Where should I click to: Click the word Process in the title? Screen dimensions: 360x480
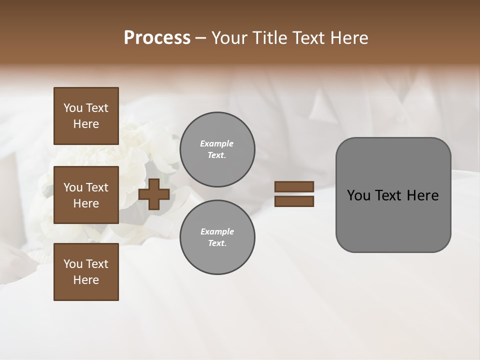point(157,38)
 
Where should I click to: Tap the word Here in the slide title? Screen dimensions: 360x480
point(349,38)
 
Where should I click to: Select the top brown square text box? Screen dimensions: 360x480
point(86,116)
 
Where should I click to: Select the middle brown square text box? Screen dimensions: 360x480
point(86,195)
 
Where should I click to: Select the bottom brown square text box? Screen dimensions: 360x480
point(86,272)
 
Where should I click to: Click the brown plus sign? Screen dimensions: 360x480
point(154,194)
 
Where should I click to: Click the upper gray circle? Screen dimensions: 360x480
point(217,149)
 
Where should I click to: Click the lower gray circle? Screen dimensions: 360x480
point(217,237)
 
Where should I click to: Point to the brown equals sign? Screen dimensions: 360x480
point(294,194)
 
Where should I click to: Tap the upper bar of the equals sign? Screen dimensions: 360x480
point(294,187)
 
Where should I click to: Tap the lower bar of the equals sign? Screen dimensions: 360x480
point(294,201)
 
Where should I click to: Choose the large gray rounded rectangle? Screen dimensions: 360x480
point(393,195)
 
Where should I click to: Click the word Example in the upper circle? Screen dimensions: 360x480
point(217,143)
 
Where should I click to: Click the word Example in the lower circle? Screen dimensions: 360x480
point(217,231)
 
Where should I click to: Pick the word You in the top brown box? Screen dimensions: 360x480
point(72,108)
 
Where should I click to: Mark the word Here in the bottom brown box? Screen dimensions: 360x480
point(86,280)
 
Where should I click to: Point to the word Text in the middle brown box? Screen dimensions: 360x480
point(96,187)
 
